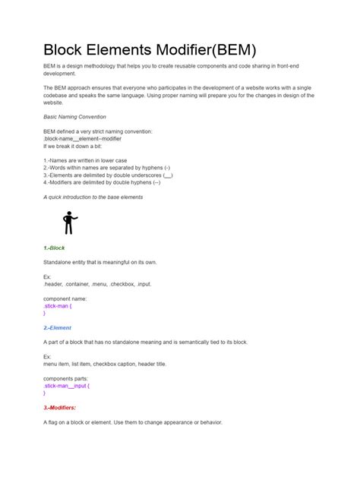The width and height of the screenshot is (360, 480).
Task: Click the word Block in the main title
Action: pos(67,50)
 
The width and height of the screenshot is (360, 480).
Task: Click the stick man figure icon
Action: pos(70,223)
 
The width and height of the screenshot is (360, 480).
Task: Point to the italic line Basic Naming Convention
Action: pos(74,117)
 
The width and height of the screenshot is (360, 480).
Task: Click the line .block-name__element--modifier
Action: pos(82,139)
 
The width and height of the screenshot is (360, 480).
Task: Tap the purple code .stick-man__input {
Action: pos(66,386)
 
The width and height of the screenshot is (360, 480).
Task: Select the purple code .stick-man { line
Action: pos(58,306)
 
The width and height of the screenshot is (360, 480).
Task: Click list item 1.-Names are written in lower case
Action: pos(85,160)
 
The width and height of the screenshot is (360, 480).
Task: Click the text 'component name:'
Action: pos(65,298)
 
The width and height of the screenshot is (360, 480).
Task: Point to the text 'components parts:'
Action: pos(66,378)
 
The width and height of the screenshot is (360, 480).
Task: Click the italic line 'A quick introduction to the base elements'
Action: pos(93,197)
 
